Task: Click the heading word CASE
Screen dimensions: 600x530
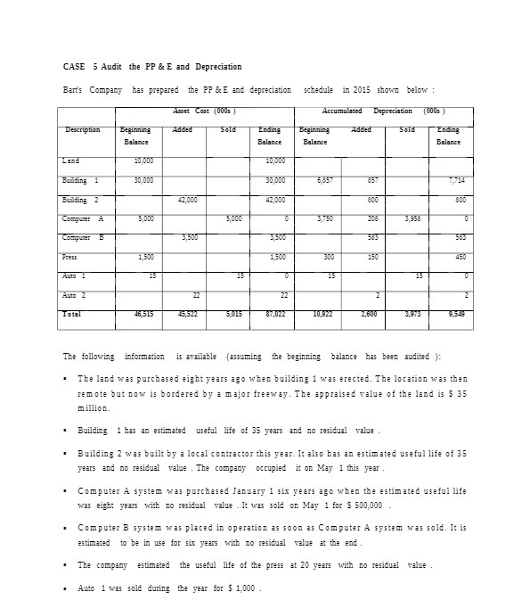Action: (73, 67)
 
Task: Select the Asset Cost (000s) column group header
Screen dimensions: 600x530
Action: (205, 111)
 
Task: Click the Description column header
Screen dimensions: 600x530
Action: (83, 130)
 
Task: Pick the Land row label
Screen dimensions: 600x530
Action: (71, 160)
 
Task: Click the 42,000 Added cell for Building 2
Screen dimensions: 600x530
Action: (187, 200)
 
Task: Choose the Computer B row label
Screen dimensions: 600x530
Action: (82, 237)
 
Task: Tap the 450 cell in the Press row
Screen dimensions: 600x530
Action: (458, 257)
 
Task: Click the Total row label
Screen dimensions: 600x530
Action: (73, 314)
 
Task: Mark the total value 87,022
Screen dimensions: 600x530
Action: (274, 314)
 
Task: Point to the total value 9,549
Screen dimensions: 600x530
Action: (453, 314)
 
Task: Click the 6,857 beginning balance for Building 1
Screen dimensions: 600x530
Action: (324, 180)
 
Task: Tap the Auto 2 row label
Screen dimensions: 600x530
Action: (75, 294)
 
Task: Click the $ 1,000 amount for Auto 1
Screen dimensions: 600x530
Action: (243, 588)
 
